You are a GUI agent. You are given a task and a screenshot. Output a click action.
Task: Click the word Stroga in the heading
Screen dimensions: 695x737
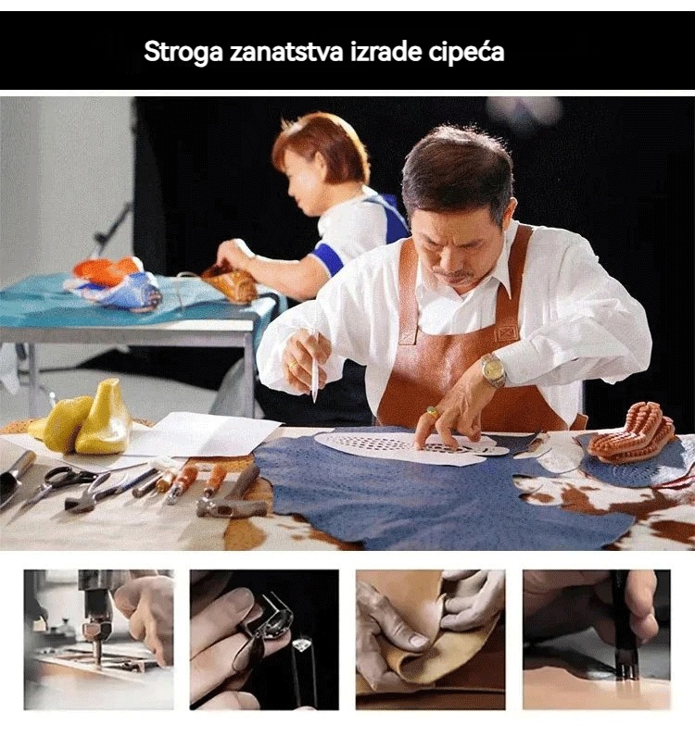[x=183, y=51]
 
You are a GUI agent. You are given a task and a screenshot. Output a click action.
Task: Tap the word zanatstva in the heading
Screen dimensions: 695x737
[x=286, y=51]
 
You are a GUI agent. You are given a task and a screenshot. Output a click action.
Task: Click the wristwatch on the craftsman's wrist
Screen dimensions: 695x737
[x=493, y=370]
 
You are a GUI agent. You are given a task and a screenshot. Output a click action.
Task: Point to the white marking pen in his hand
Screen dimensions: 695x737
[x=314, y=367]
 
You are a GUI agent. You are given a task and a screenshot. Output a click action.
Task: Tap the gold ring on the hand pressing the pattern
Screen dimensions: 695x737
[x=433, y=413]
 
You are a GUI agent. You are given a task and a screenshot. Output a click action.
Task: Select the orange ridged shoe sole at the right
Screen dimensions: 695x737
[x=631, y=432]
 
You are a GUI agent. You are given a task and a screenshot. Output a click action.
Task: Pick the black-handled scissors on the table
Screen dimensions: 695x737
[x=57, y=484]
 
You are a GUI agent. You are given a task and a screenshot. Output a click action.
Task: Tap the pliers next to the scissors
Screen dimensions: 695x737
[x=95, y=493]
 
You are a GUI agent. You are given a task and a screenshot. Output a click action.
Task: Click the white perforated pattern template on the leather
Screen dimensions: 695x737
[x=411, y=447]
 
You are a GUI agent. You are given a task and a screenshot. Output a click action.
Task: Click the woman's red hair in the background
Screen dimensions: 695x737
[x=320, y=141]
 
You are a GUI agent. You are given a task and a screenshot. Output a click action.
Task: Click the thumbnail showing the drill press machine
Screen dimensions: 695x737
[x=99, y=639]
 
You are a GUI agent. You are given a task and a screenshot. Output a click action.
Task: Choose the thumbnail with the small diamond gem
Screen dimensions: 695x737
[x=264, y=639]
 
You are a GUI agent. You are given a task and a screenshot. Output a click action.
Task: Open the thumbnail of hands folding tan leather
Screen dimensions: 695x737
[x=430, y=639]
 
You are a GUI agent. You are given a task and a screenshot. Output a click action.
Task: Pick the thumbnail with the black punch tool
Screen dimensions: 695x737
[x=597, y=639]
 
